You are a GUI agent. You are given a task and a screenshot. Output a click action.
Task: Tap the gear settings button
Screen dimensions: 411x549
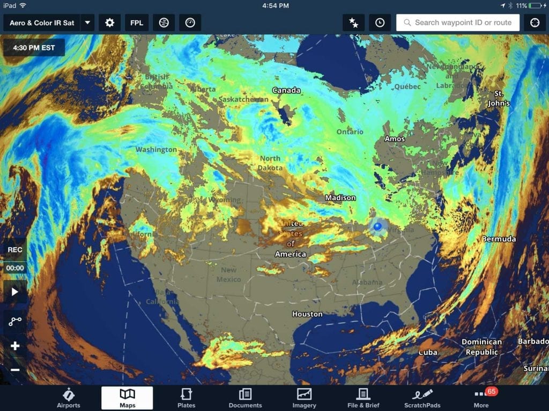pyautogui.click(x=109, y=23)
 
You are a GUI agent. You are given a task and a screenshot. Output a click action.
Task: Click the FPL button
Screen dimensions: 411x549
pyautogui.click(x=137, y=23)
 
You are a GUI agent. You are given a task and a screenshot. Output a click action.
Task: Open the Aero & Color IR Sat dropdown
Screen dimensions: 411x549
pyautogui.click(x=87, y=23)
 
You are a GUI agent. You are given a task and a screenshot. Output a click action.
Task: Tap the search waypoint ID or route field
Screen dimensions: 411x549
pyautogui.click(x=458, y=22)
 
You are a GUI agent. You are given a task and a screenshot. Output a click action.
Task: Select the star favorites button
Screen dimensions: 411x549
pyautogui.click(x=354, y=23)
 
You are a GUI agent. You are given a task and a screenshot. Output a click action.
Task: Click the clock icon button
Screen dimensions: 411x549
pyautogui.click(x=380, y=23)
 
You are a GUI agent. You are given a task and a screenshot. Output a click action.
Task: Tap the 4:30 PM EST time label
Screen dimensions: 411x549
pyautogui.click(x=34, y=47)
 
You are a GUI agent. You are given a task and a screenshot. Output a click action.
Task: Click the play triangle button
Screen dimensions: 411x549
pyautogui.click(x=15, y=292)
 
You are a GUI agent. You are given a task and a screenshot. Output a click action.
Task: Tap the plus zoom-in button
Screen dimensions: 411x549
pyautogui.click(x=15, y=346)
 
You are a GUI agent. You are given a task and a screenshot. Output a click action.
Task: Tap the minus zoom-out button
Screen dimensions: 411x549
pyautogui.click(x=15, y=370)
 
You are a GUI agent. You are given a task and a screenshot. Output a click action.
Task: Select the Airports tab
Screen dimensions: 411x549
pyautogui.click(x=68, y=398)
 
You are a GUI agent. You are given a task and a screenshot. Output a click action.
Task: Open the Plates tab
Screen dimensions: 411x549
pyautogui.click(x=186, y=398)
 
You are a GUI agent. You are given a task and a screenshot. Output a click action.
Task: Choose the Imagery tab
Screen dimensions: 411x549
pyautogui.click(x=304, y=398)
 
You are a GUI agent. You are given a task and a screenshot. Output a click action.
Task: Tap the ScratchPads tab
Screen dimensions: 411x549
pyautogui.click(x=422, y=398)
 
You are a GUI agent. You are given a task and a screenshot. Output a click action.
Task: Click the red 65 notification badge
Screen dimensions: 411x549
pyautogui.click(x=491, y=391)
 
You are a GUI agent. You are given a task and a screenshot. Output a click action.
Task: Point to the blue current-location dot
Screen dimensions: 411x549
pyautogui.click(x=377, y=226)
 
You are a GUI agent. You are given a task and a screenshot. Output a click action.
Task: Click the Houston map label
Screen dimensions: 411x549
pyautogui.click(x=307, y=314)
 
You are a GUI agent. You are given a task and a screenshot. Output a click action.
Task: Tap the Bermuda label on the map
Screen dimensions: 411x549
pyautogui.click(x=499, y=239)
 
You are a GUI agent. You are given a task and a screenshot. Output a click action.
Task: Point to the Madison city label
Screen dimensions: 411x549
pyautogui.click(x=340, y=198)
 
